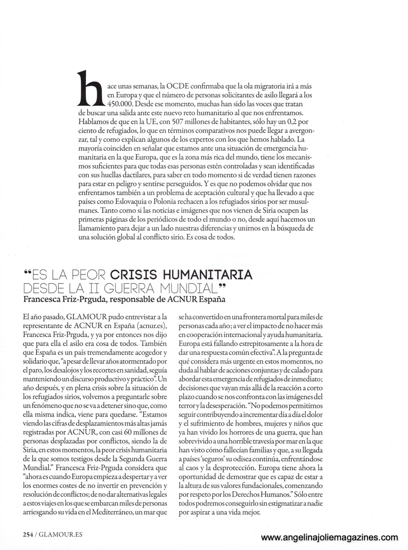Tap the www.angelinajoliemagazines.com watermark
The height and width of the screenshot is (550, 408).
pyautogui.click(x=330, y=538)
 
